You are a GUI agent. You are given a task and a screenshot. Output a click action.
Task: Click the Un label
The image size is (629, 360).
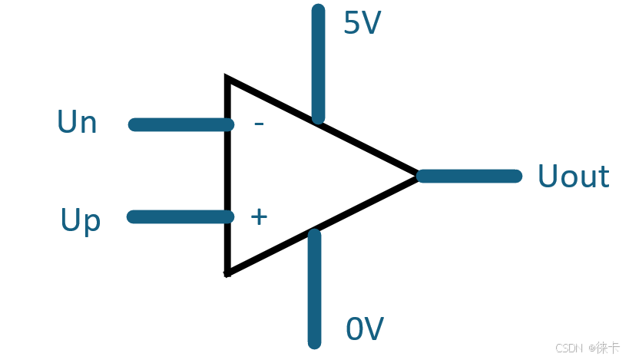click(x=77, y=123)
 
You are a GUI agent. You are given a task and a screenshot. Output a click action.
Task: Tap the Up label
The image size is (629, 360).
click(x=81, y=221)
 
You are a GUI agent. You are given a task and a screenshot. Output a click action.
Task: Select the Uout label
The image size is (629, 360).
click(x=573, y=177)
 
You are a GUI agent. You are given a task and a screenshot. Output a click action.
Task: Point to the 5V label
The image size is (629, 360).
click(x=362, y=25)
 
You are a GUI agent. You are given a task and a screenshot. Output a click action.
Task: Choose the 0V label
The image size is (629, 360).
click(x=364, y=329)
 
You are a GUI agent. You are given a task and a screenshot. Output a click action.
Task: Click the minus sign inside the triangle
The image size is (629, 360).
click(x=259, y=124)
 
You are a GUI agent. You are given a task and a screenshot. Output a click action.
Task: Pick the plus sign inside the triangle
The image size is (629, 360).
click(x=259, y=217)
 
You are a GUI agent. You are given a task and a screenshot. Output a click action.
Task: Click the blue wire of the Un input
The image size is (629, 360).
click(x=180, y=124)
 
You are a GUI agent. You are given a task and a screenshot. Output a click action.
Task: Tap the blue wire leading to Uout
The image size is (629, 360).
click(x=470, y=177)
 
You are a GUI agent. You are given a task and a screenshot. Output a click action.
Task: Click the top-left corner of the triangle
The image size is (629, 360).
click(x=227, y=79)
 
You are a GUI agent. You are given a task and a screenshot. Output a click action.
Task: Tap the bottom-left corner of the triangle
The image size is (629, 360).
click(x=227, y=272)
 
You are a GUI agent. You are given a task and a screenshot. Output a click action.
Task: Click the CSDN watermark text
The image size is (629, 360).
click(x=567, y=348)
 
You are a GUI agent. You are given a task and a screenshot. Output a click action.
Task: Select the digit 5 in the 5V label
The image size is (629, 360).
click(x=353, y=25)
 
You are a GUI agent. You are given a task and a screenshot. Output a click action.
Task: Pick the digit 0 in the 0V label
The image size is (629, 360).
click(x=355, y=329)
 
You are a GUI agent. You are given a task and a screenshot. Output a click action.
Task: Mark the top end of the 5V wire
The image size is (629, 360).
click(x=318, y=10)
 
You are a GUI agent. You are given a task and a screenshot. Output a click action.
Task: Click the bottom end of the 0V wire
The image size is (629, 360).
click(x=314, y=342)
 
